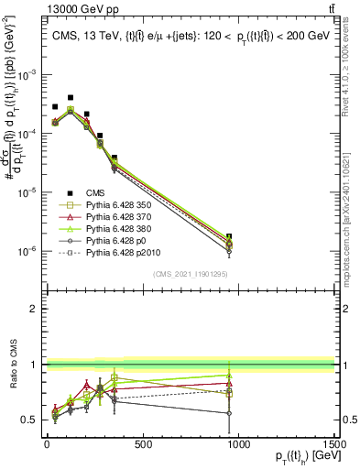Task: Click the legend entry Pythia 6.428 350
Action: coord(115,204)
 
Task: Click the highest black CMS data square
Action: coord(71,97)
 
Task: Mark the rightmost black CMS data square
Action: coord(229,236)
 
